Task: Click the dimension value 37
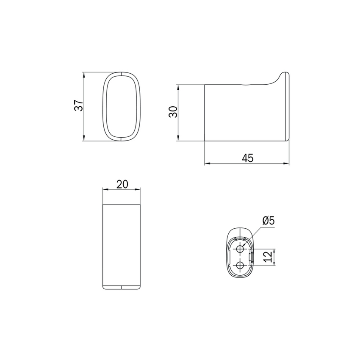pyautogui.click(x=78, y=105)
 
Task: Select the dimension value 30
pyautogui.click(x=173, y=112)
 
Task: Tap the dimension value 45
pyautogui.click(x=247, y=158)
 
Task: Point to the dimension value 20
pyautogui.click(x=122, y=184)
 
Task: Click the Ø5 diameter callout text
pyautogui.click(x=268, y=221)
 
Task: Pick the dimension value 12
pyautogui.click(x=268, y=257)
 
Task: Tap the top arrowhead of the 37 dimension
pyautogui.click(x=84, y=75)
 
